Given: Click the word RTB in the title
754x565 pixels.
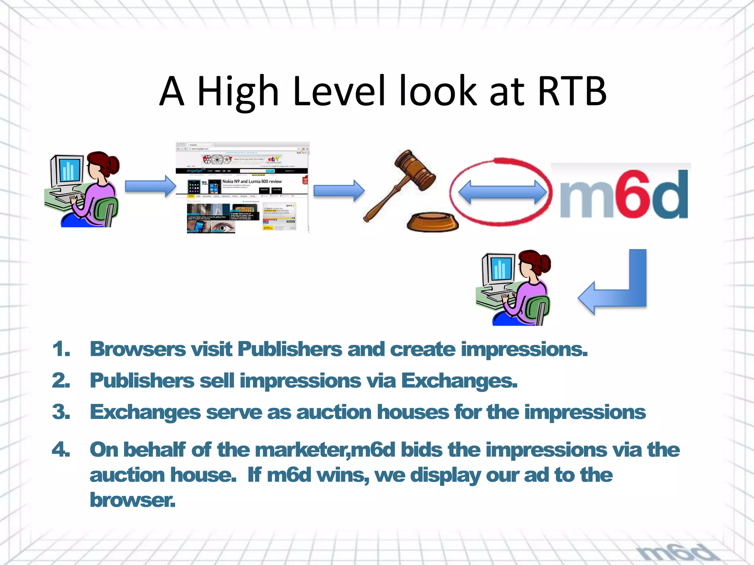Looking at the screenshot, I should tap(571, 91).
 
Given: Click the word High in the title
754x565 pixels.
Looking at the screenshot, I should tap(237, 92).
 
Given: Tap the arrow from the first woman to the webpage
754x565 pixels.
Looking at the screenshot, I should tap(150, 186).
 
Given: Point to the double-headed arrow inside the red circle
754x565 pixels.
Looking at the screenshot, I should tap(503, 192).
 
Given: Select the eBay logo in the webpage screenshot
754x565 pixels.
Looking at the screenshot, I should tap(274, 159).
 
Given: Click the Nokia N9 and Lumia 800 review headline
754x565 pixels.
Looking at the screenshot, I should tap(252, 181).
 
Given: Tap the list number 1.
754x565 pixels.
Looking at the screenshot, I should tap(61, 349).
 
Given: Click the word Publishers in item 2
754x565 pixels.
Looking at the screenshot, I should tap(142, 381).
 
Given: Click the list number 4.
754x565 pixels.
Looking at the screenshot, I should tap(61, 450).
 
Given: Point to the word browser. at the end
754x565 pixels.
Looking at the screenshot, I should tap(133, 500).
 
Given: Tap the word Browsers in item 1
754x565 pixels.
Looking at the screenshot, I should tap(138, 349).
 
